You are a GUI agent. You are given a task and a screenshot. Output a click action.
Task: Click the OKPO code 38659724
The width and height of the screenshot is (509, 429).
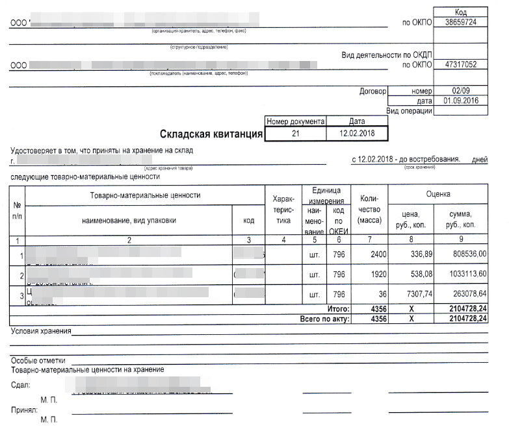462,22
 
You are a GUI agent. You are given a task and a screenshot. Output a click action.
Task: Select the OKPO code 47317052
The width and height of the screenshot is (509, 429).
462,65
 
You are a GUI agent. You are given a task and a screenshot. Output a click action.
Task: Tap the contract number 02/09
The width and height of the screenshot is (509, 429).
462,92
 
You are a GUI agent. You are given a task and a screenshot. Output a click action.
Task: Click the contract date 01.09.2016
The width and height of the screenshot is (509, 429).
462,101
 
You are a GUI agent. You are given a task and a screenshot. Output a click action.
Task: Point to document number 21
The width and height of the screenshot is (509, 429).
296,134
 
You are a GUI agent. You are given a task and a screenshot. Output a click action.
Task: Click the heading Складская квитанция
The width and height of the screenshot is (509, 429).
211,134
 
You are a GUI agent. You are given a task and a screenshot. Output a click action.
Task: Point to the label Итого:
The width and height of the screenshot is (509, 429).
338,310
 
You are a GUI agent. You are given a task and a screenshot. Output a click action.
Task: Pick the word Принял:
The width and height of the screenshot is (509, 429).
24,411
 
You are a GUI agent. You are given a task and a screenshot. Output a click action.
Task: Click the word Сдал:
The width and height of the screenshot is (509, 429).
21,385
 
